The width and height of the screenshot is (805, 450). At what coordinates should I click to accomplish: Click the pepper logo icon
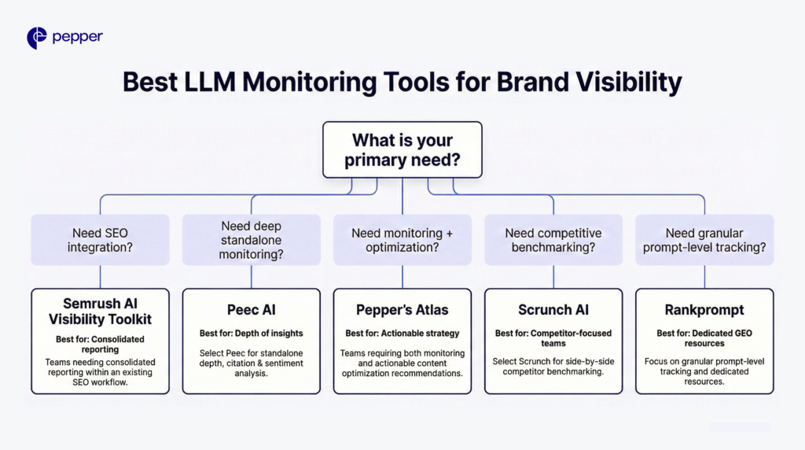[x=37, y=38]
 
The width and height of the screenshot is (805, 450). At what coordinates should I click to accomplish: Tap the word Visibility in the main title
[x=589, y=82]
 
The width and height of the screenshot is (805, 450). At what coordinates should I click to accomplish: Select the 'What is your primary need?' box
[x=402, y=150]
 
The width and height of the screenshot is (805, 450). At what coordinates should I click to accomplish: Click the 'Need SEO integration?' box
[x=100, y=240]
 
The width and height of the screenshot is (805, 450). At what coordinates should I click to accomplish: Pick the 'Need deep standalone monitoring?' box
[x=251, y=240]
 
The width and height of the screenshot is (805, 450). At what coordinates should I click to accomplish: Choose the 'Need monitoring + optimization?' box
[x=402, y=240]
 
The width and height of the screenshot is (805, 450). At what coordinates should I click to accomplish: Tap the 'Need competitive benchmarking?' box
[x=553, y=240]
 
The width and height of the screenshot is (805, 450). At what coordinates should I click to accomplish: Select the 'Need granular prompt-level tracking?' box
[x=704, y=240]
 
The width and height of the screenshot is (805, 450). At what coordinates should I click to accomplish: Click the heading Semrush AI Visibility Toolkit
[x=100, y=312]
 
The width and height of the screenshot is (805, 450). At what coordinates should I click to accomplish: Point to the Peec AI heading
[x=252, y=310]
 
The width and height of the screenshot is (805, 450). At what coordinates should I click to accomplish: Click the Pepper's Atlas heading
[x=402, y=310]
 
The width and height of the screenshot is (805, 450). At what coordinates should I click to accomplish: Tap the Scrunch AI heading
[x=553, y=310]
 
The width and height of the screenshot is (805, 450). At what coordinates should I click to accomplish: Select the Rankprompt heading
[x=704, y=310]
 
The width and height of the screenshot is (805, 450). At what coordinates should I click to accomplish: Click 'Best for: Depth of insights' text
[x=252, y=334]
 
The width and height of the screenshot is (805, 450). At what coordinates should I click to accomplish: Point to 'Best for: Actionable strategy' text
[x=402, y=334]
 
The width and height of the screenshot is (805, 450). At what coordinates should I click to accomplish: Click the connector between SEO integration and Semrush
[x=100, y=277]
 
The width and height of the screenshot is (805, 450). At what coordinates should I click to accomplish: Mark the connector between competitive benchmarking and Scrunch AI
[x=553, y=277]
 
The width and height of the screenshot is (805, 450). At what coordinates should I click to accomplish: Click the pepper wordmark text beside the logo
[x=78, y=38]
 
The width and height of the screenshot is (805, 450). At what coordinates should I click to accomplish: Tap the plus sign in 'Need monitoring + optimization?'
[x=450, y=234]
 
